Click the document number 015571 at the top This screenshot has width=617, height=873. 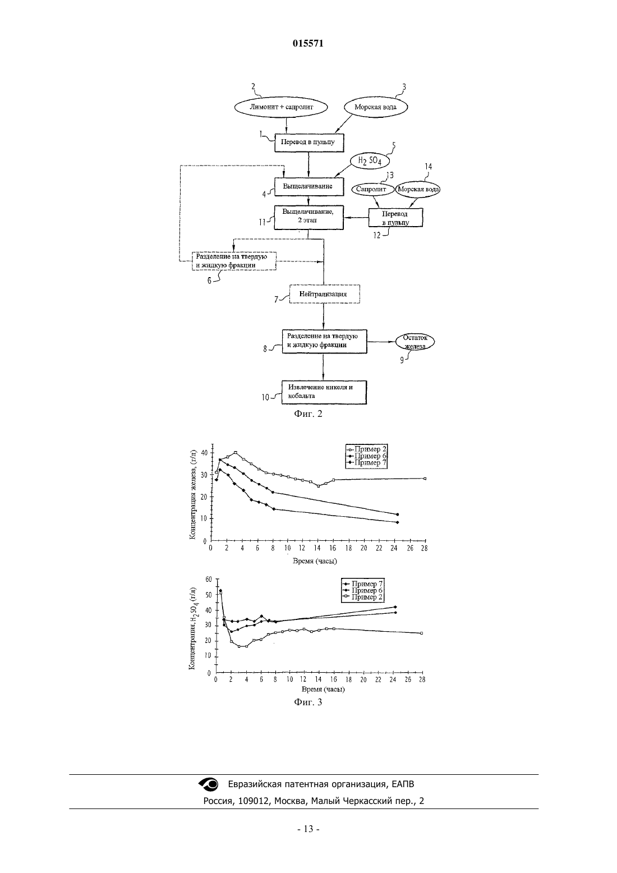(308, 43)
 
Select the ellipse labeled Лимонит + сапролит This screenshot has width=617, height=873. (281, 107)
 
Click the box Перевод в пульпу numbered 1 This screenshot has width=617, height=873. (309, 143)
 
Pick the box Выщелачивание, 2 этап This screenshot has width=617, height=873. (309, 218)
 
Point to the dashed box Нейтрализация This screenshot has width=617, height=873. (324, 294)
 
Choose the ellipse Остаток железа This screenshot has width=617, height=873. (415, 342)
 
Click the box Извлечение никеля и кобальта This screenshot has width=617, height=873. (324, 392)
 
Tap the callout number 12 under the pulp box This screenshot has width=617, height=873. (377, 236)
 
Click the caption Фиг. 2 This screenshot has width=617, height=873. (308, 414)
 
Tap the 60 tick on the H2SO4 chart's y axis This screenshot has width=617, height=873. (209, 580)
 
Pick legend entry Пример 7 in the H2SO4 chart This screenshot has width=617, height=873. (363, 584)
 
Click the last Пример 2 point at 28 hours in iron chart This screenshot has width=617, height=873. (425, 479)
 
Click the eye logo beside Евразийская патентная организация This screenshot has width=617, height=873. (209, 784)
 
